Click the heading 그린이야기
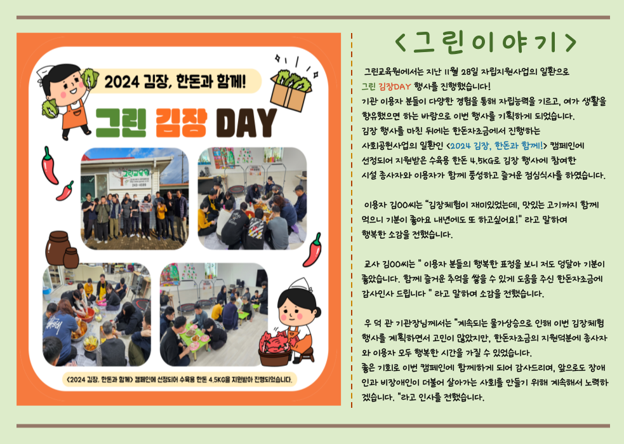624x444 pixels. coord(486,43)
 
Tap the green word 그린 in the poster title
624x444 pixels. coord(122,123)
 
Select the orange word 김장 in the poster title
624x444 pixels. coord(181,123)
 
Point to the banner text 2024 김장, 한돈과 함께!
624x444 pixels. coord(175,82)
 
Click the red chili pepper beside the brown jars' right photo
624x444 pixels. coord(313,250)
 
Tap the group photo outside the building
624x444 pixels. coord(135,198)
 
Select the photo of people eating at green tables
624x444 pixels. coord(214,314)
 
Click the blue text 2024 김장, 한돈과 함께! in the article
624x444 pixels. coord(496,145)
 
